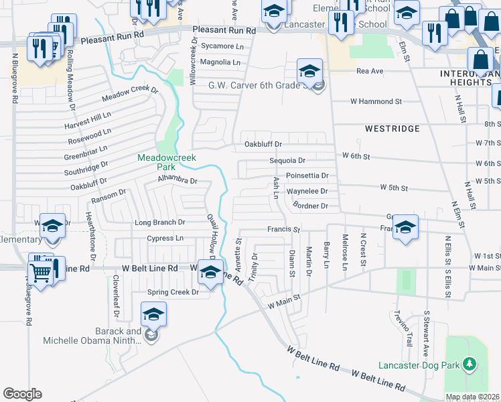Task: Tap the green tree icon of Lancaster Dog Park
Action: pyautogui.click(x=470, y=364)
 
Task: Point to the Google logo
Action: pyautogui.click(x=22, y=393)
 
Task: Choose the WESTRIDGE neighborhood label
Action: pyautogui.click(x=392, y=128)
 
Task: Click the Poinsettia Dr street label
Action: pyautogui.click(x=307, y=176)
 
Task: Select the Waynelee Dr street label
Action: pyautogui.click(x=307, y=191)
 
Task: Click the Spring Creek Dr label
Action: pyautogui.click(x=173, y=292)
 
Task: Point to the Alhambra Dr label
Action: pyautogui.click(x=177, y=180)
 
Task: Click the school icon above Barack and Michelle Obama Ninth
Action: pyautogui.click(x=153, y=314)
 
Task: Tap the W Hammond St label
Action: pyautogui.click(x=376, y=101)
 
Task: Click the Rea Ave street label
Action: pyautogui.click(x=370, y=71)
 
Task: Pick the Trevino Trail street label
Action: pyautogui.click(x=401, y=329)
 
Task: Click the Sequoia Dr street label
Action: pyautogui.click(x=287, y=161)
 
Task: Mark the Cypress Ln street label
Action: pyautogui.click(x=165, y=238)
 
